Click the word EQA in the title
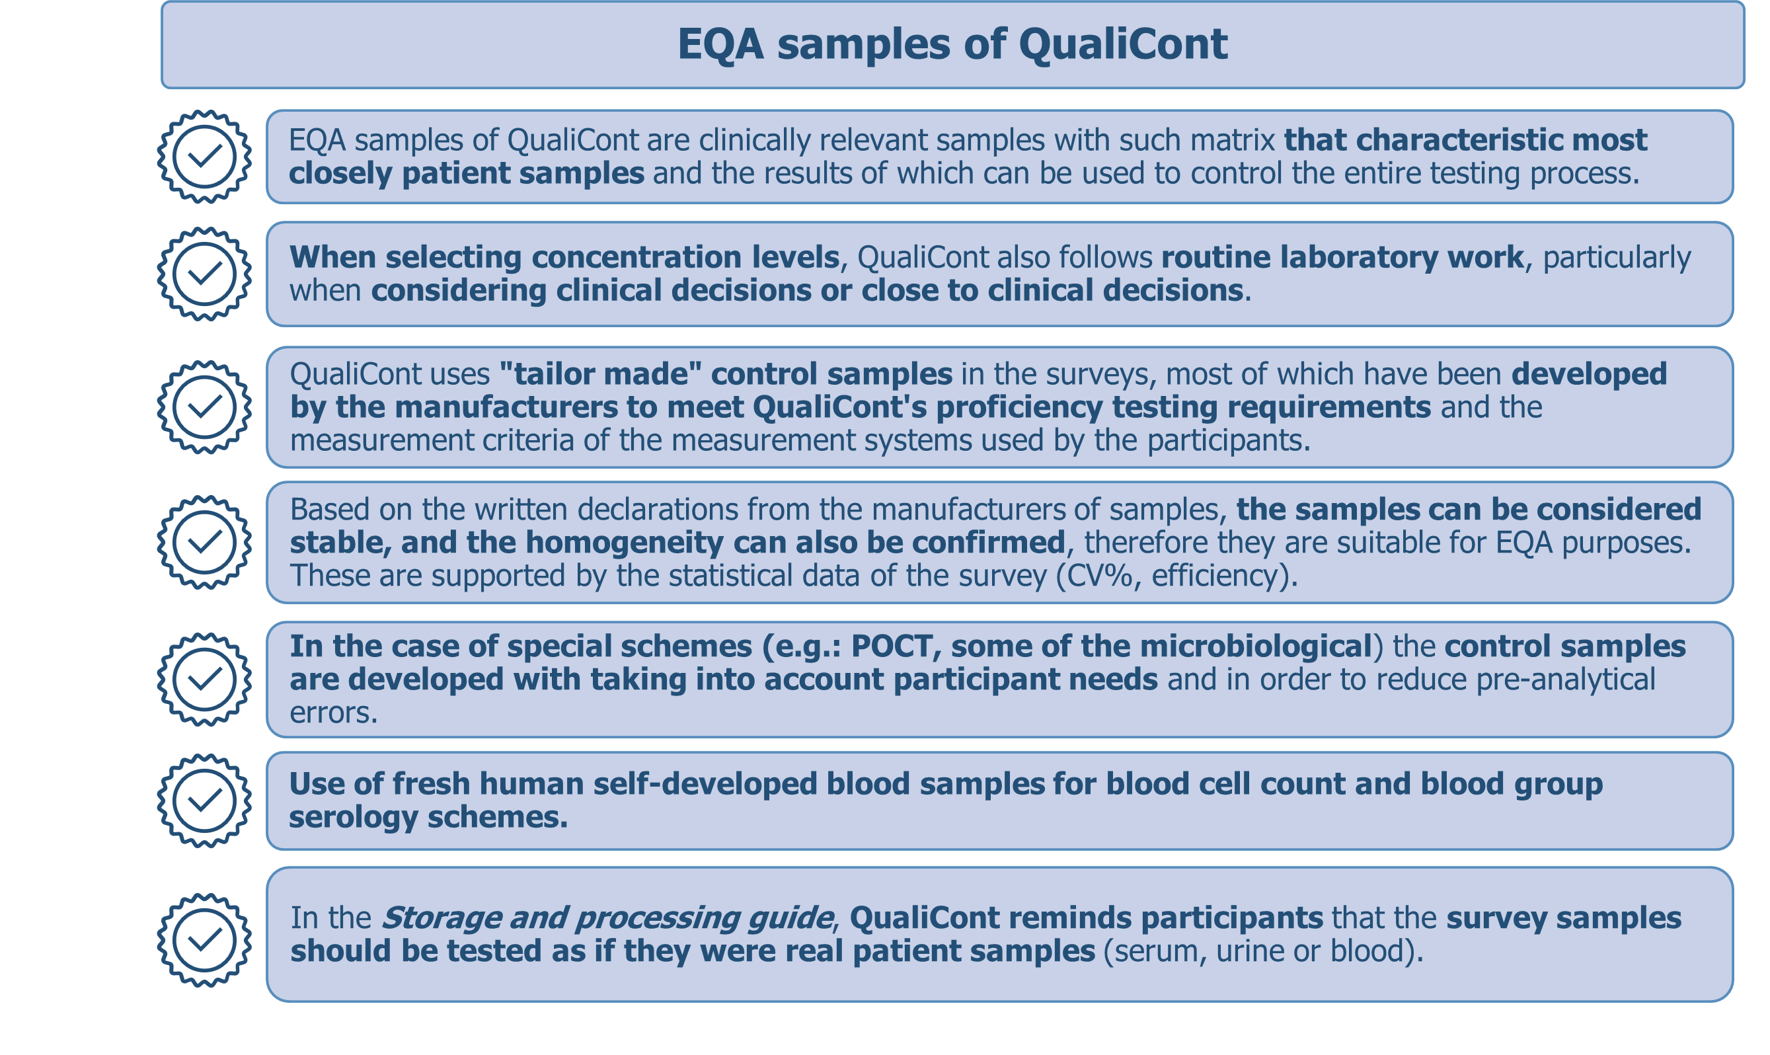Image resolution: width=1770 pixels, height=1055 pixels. (x=721, y=44)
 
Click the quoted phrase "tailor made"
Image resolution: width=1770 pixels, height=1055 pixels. (x=601, y=374)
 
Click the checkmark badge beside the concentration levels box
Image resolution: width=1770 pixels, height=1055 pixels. (x=205, y=274)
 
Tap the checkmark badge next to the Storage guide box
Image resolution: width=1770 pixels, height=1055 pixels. (x=205, y=941)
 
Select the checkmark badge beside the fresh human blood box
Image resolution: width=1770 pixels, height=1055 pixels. (x=205, y=801)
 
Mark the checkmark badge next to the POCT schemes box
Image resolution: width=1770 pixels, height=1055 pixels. (x=205, y=680)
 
